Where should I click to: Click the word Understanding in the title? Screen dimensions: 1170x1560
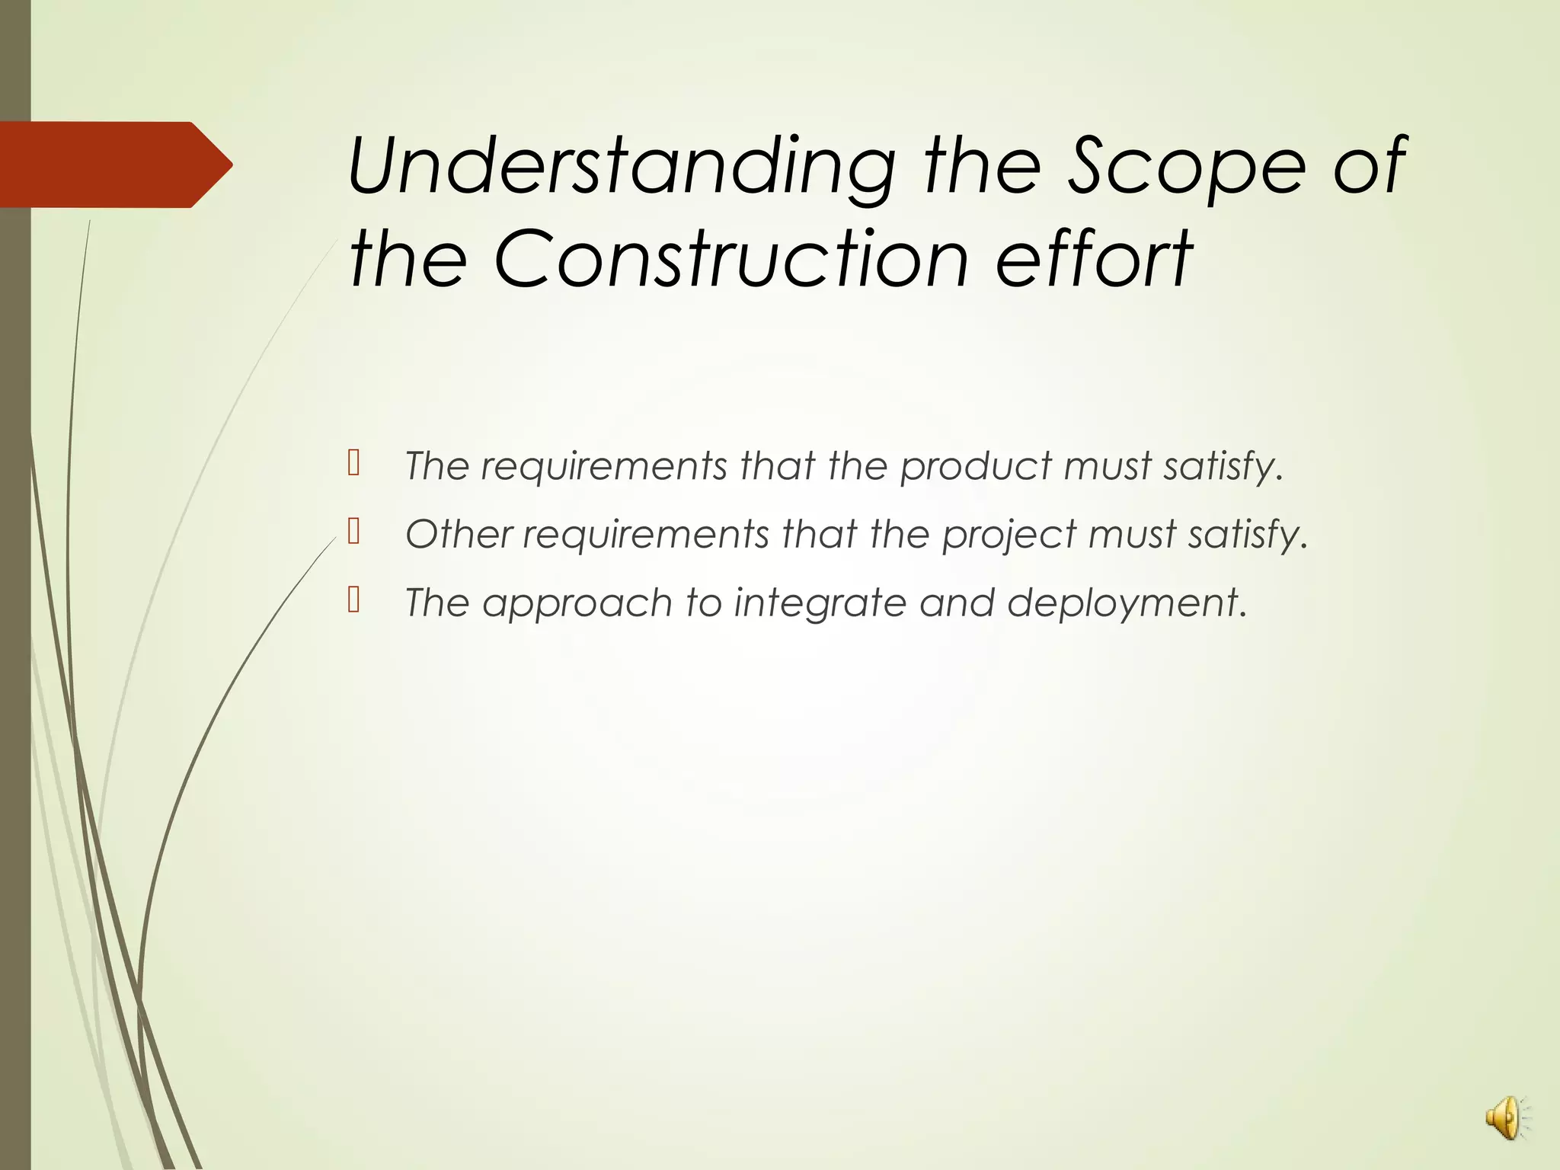621,166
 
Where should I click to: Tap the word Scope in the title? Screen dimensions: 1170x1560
1185,165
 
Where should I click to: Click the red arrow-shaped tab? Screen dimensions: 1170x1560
114,165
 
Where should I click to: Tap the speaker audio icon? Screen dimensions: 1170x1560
1505,1117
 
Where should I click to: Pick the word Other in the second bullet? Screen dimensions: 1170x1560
459,534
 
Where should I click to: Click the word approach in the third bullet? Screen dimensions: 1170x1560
577,603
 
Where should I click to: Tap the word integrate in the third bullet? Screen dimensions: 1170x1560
820,603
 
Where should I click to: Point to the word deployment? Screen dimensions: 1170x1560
1126,603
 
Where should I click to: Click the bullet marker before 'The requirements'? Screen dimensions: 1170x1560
353,462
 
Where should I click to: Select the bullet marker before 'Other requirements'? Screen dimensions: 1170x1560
353,531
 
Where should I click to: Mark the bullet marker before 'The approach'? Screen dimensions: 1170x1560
353,599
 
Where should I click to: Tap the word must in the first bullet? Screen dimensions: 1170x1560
1107,466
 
